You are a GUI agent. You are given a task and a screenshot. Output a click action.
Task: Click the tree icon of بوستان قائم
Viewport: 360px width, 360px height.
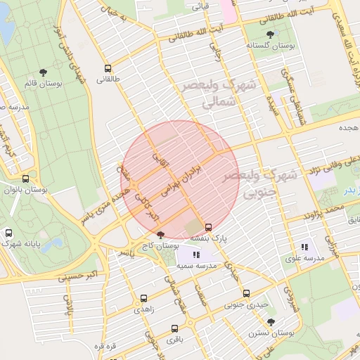(44, 72)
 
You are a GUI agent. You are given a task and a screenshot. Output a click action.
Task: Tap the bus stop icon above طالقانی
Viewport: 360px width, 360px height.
(108, 69)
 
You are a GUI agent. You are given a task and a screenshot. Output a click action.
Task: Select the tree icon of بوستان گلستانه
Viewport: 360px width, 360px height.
(270, 34)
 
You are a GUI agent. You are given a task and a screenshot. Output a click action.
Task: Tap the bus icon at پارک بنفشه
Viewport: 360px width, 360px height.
(208, 227)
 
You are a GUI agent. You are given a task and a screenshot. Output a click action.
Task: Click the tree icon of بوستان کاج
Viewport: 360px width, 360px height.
(161, 235)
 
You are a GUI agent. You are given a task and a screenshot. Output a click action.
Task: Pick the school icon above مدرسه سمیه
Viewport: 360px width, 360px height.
(195, 255)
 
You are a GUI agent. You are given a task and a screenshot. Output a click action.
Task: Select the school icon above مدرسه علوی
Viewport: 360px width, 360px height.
(304, 247)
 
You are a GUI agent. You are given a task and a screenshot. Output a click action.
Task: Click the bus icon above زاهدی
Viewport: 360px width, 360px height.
(145, 298)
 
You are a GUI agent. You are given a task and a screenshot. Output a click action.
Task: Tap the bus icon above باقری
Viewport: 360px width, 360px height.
(173, 328)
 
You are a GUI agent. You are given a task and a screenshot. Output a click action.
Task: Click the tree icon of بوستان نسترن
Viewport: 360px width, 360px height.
(271, 321)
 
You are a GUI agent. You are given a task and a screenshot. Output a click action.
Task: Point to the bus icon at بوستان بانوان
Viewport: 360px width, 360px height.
(26, 179)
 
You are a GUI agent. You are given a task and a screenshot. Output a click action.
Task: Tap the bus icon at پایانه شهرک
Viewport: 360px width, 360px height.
(8, 233)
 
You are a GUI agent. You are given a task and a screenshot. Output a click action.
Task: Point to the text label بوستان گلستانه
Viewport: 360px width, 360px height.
(269, 45)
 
